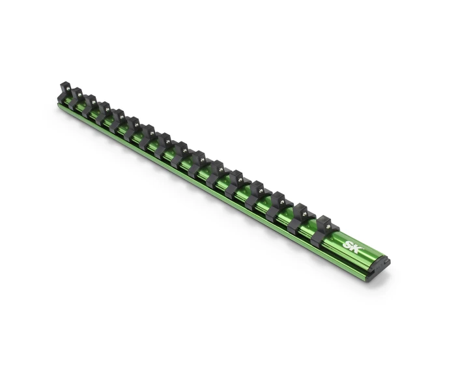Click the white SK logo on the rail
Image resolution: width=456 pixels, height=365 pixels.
(350, 246)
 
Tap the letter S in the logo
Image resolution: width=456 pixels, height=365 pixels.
(347, 245)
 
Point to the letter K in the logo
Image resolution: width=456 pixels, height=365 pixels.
(354, 248)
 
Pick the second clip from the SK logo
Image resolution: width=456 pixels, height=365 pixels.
(301, 219)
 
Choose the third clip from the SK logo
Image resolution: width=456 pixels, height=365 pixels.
(279, 207)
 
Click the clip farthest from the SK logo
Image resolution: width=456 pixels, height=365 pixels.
(64, 91)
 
